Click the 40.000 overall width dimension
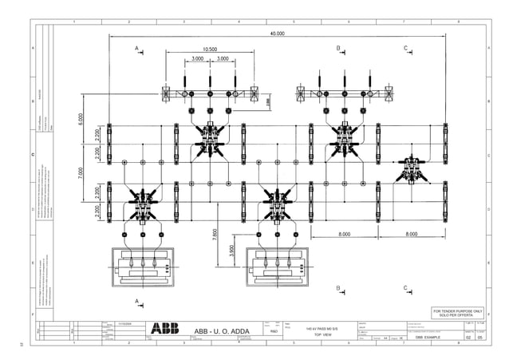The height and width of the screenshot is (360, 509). [x=277, y=34]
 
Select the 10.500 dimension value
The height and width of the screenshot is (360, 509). [x=210, y=49]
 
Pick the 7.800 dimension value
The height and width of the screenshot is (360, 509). [x=215, y=234]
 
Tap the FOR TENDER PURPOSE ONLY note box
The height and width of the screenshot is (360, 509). [x=457, y=312]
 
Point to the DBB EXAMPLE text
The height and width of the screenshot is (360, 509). [x=421, y=338]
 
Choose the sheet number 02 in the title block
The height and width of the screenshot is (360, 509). [x=468, y=338]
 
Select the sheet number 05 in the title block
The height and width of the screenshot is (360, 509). [x=479, y=338]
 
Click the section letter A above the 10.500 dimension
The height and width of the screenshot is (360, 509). [x=136, y=49]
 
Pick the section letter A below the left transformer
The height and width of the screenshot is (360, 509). [x=136, y=301]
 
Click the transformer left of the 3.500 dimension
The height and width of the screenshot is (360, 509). [x=144, y=265]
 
